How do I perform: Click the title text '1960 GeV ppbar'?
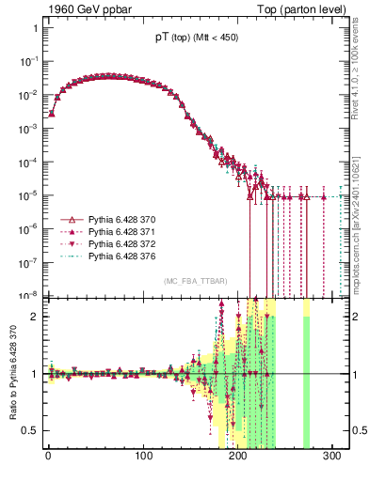point(83,8)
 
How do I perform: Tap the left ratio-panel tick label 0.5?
point(31,430)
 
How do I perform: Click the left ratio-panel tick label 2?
point(34,317)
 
